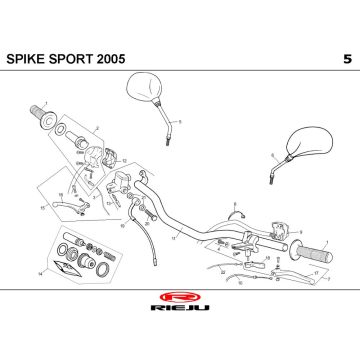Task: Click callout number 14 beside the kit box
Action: point(39,272)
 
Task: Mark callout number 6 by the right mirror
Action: point(270,156)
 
